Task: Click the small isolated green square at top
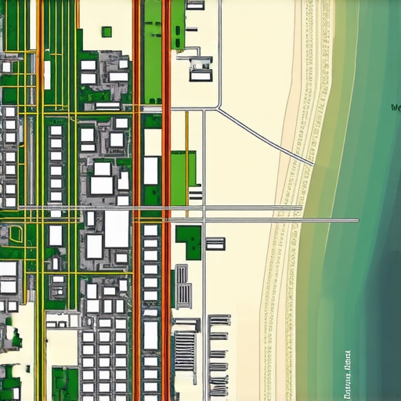(107, 32)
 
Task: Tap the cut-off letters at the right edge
(396, 107)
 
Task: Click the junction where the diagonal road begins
(219, 109)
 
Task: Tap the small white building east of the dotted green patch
(215, 244)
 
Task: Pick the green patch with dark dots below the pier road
(188, 241)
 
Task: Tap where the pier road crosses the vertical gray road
(204, 209)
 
